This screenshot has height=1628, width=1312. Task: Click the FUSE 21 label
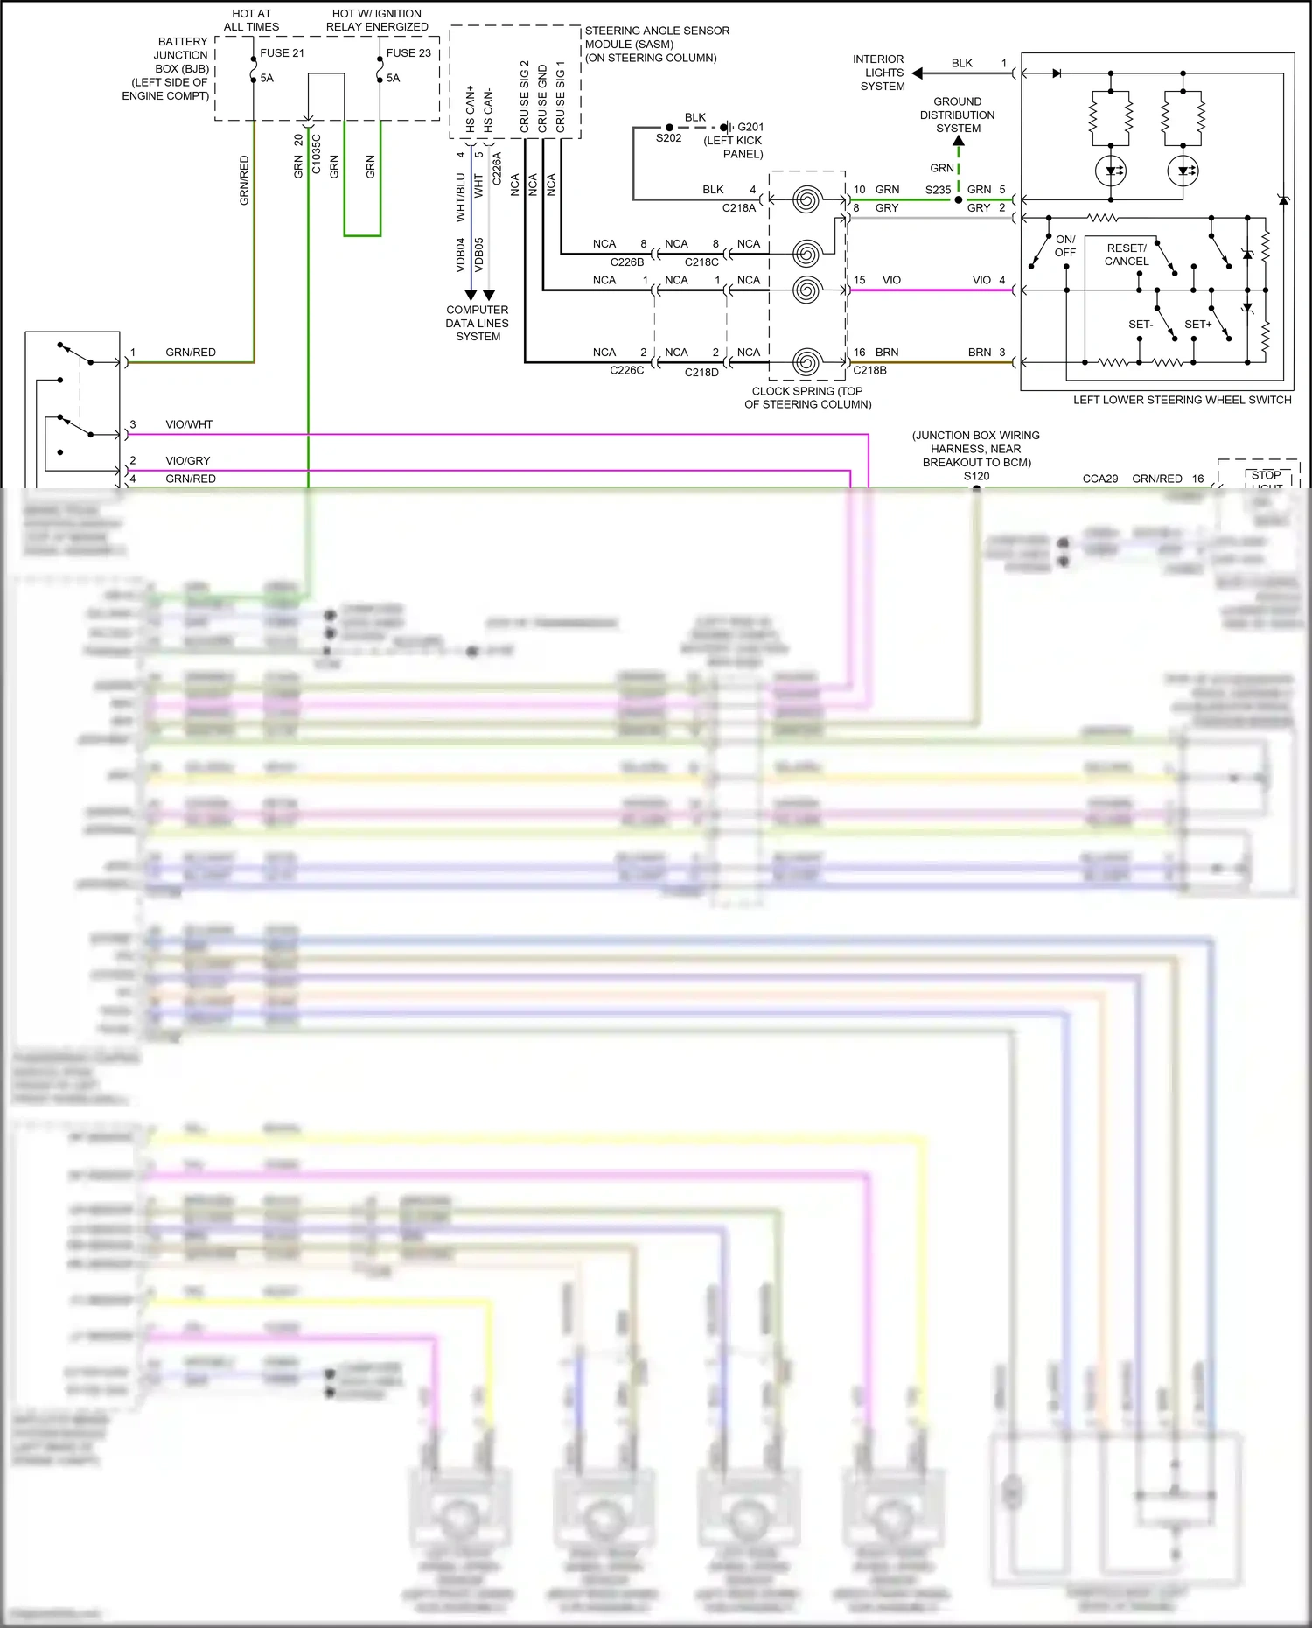pyautogui.click(x=282, y=53)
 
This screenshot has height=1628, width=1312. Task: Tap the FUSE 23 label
pyautogui.click(x=408, y=53)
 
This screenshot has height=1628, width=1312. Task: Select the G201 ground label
pyautogui.click(x=750, y=127)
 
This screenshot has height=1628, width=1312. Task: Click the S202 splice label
pyautogui.click(x=668, y=138)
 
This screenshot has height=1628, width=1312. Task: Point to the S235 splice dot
pyautogui.click(x=959, y=199)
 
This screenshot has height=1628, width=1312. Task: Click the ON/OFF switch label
pyautogui.click(x=1064, y=246)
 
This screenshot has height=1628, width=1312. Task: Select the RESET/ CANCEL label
pyautogui.click(x=1127, y=255)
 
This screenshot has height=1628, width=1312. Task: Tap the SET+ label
pyautogui.click(x=1197, y=325)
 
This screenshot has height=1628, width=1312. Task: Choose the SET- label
pyautogui.click(x=1141, y=325)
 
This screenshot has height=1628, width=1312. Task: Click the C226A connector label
pyautogui.click(x=497, y=168)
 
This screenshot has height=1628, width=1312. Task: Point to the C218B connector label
pyautogui.click(x=869, y=370)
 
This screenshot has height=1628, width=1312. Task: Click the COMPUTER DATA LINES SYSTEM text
pyautogui.click(x=478, y=323)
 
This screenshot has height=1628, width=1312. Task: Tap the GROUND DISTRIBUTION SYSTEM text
pyautogui.click(x=958, y=115)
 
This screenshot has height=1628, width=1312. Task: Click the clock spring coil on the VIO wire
pyautogui.click(x=806, y=290)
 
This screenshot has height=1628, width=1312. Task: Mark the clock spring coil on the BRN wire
pyautogui.click(x=806, y=361)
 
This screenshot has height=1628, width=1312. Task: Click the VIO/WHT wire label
pyautogui.click(x=189, y=424)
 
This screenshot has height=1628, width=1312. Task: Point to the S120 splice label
pyautogui.click(x=977, y=476)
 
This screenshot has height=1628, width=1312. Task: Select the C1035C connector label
pyautogui.click(x=317, y=154)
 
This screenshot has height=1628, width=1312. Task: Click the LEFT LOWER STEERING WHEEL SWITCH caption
pyautogui.click(x=1182, y=400)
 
